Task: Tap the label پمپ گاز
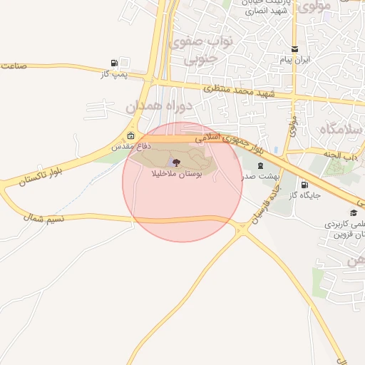click(114, 74)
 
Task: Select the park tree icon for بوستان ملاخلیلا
click(177, 163)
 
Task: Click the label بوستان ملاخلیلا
click(177, 173)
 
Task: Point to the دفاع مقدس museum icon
click(130, 135)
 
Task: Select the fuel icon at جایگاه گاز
click(305, 184)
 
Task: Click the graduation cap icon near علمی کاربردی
click(353, 212)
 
